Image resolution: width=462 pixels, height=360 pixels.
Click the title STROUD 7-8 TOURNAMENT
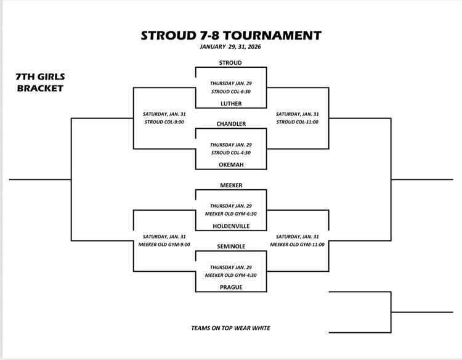click(231, 35)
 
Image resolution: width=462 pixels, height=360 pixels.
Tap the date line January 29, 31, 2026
click(231, 47)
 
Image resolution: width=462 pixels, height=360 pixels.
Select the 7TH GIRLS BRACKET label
click(40, 83)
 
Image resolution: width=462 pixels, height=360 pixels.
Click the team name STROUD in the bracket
click(230, 63)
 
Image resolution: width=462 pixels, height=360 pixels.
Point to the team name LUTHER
click(231, 104)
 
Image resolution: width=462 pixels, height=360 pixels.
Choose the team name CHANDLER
click(231, 124)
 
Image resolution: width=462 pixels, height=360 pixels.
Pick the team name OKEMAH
click(231, 165)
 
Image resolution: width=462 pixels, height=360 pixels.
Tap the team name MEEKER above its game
click(231, 185)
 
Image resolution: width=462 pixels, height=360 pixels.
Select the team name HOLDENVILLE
click(231, 226)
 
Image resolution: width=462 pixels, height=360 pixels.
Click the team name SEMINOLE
click(231, 246)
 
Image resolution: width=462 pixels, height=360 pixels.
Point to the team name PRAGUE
click(231, 287)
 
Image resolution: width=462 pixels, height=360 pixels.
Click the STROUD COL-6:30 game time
click(231, 91)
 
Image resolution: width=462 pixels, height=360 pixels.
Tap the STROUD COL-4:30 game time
click(231, 152)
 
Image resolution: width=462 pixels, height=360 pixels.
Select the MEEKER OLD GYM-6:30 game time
click(231, 213)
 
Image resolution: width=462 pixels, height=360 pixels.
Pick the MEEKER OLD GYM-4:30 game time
click(231, 274)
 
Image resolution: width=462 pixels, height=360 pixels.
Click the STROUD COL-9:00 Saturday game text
click(164, 121)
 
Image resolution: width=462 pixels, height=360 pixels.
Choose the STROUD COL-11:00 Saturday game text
click(298, 121)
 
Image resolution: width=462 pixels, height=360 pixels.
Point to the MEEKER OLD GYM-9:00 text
click(164, 244)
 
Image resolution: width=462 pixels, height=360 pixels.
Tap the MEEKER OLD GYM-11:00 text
click(298, 244)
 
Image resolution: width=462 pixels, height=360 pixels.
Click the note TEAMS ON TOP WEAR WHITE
click(231, 328)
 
